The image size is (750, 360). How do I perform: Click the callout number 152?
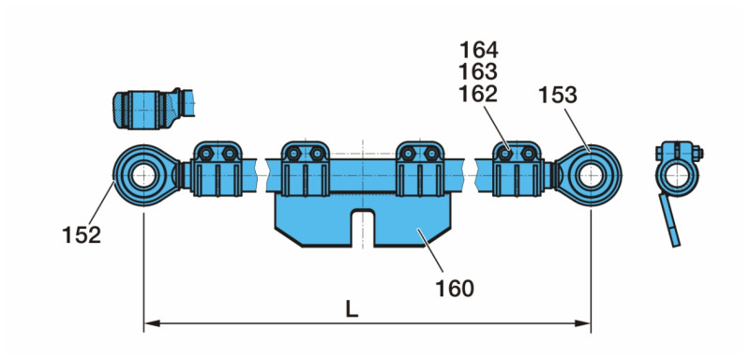82,235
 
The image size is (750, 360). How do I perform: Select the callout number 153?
558,95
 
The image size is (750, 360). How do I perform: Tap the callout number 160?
455,288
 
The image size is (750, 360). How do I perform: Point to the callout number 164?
478,50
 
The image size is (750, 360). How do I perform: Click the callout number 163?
478,71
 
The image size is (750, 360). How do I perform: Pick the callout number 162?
478,94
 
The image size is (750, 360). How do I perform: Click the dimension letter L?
352,310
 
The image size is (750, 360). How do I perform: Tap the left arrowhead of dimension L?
151,323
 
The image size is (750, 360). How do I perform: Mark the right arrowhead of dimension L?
583,323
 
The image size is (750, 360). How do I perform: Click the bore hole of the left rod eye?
144,176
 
